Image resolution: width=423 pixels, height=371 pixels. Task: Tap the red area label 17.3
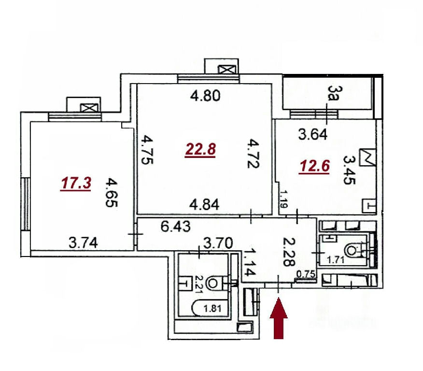coord(76,184)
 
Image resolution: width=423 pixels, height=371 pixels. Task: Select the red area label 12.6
coord(314,166)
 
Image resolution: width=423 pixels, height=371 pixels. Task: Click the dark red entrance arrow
coord(279,318)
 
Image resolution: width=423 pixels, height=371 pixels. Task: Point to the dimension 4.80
coord(205,96)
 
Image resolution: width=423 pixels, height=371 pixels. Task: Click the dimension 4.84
coord(204,204)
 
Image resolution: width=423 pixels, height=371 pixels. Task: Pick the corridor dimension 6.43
coord(176,227)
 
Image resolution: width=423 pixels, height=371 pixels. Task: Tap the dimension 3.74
coord(83,243)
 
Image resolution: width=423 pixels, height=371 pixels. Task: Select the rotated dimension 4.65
coord(112,192)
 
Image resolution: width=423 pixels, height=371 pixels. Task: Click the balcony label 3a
coord(333,93)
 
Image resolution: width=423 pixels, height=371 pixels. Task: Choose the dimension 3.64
coord(313,134)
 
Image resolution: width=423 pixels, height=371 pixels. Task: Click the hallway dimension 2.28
coord(289,252)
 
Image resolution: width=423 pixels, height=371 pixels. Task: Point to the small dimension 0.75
coord(306,274)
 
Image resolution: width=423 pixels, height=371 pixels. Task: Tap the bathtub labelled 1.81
coord(209,308)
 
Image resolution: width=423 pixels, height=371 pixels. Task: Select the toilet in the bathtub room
coord(216,283)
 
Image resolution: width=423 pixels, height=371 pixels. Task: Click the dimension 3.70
coord(218,243)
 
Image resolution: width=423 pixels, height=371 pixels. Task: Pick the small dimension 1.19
coord(284,199)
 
